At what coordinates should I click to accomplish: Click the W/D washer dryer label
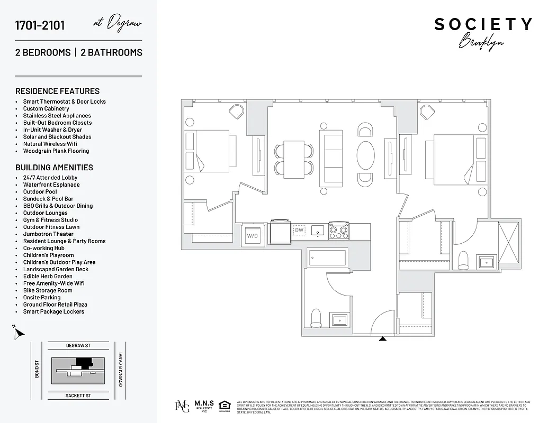pos(252,235)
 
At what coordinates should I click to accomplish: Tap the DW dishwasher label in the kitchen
pos(300,230)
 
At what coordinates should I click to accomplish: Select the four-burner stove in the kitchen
pos(339,231)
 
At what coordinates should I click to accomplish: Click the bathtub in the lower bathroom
pos(327,258)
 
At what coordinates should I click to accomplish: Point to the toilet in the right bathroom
pos(463,259)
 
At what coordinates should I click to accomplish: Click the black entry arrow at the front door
pos(382,338)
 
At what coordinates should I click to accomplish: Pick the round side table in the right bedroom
pos(481,127)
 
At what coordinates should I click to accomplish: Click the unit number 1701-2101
pos(40,25)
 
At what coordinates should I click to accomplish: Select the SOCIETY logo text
pos(483,24)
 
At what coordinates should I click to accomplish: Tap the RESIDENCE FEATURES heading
pos(57,91)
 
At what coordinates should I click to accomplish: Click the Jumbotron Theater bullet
pos(48,234)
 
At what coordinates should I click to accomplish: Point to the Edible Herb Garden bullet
pos(48,276)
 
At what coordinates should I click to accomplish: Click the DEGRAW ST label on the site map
pos(78,346)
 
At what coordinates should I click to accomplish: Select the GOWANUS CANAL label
pos(121,369)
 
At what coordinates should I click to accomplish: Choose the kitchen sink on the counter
pos(319,230)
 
